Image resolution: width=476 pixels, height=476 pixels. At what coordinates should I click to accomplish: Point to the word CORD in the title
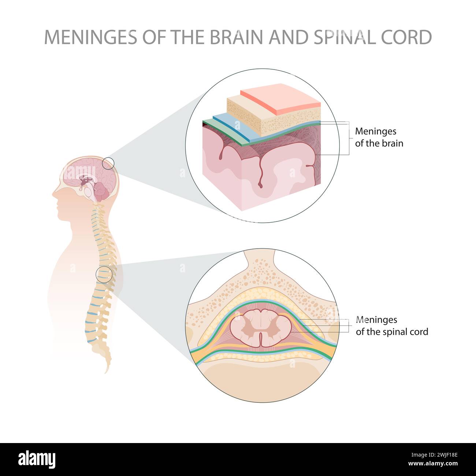coord(408,37)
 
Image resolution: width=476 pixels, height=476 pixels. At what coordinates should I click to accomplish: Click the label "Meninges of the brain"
coord(379,137)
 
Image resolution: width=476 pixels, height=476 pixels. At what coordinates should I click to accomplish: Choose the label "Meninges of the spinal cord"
coord(391,326)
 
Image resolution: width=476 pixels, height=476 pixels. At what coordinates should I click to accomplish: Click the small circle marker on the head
coord(108,163)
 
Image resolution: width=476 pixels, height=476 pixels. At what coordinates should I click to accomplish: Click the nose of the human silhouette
coord(53,194)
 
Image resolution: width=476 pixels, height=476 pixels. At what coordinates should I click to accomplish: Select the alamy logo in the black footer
coord(37,460)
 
